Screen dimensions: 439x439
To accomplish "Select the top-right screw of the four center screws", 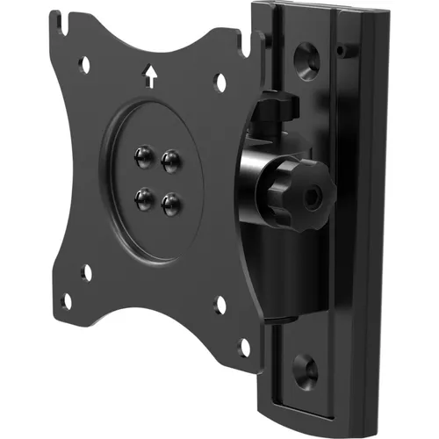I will (170, 159).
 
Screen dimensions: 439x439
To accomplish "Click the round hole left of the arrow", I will (85, 63).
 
